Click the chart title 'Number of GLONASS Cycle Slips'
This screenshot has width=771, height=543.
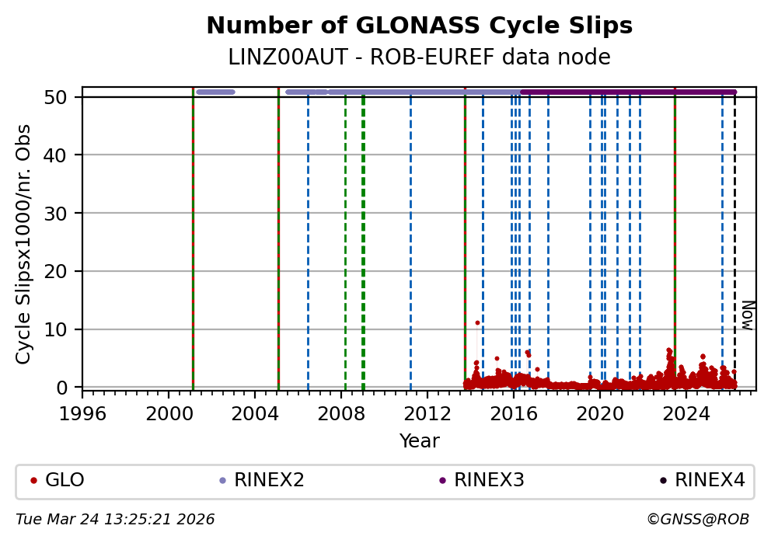pyautogui.click(x=419, y=26)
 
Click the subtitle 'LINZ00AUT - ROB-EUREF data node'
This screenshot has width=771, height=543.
pyautogui.click(x=419, y=57)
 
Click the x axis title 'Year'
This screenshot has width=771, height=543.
pyautogui.click(x=419, y=441)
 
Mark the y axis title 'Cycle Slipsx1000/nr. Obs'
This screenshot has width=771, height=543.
pyautogui.click(x=24, y=243)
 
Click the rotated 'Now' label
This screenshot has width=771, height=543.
pyautogui.click(x=747, y=315)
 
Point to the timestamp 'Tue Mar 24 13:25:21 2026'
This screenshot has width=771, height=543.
pyautogui.click(x=115, y=519)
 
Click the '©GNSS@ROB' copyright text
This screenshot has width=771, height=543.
pyautogui.click(x=697, y=519)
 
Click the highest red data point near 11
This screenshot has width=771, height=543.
pyautogui.click(x=477, y=322)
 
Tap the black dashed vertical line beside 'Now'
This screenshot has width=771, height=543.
pyautogui.click(x=735, y=233)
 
